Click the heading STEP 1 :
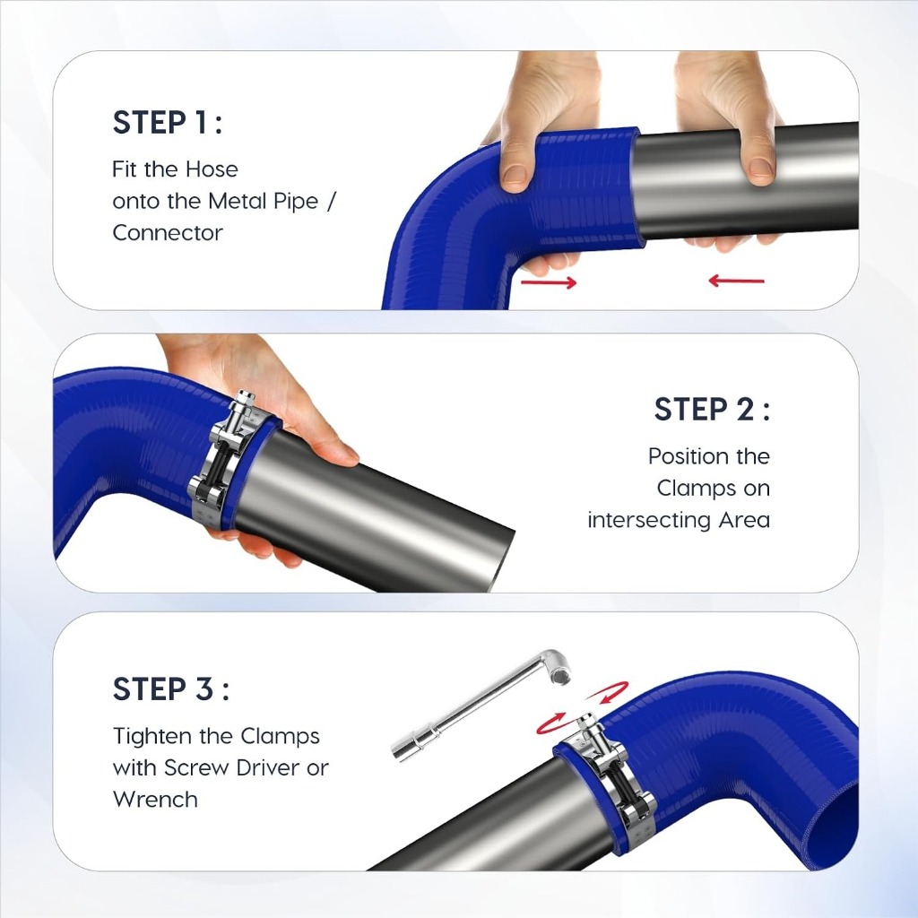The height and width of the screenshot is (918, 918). (168, 123)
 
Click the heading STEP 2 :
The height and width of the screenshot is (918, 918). (712, 409)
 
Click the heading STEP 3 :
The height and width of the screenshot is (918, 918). (171, 688)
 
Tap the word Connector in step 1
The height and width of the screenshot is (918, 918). (168, 233)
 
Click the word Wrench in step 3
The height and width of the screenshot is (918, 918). (155, 799)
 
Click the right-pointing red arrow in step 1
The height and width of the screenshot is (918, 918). (549, 282)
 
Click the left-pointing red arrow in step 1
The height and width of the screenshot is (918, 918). (737, 281)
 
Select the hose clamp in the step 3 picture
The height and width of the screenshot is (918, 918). (609, 773)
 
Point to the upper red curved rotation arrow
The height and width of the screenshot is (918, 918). (609, 691)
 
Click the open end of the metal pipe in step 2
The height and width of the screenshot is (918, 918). (499, 560)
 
